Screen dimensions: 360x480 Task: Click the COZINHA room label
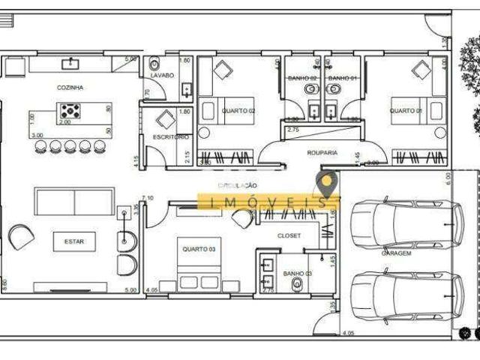coord(70,88)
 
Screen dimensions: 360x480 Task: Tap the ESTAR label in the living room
coord(73,241)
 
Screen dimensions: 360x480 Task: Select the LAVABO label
coord(162,76)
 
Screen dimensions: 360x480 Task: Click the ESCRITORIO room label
coord(170,137)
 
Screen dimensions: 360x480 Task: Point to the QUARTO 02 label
coord(238,111)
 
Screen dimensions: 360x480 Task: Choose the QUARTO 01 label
coord(405,111)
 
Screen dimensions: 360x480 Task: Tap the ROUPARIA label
coord(322,152)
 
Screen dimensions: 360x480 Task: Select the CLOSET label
coord(289,235)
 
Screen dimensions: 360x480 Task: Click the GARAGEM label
coord(396,253)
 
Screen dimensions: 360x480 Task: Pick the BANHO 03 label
coord(296,274)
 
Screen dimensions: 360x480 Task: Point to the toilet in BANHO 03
coord(298,284)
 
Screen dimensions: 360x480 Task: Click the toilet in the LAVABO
coord(155,62)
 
